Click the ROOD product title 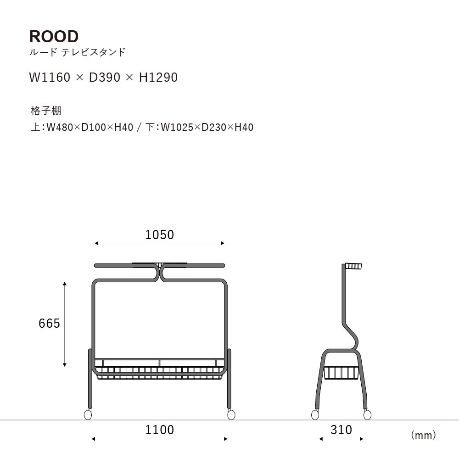(54, 36)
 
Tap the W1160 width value (50, 77)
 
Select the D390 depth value (105, 77)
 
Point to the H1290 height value (158, 77)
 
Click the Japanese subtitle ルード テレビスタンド (78, 52)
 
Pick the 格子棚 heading (46, 111)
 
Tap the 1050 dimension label (160, 235)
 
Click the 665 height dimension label (49, 324)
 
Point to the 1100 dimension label (160, 430)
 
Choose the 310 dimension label (341, 430)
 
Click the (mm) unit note (424, 435)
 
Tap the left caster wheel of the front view (88, 415)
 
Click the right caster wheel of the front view (231, 415)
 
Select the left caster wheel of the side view (315, 415)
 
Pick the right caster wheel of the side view (367, 415)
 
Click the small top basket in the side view (353, 266)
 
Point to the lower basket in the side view (341, 373)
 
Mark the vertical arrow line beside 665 (65, 325)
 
